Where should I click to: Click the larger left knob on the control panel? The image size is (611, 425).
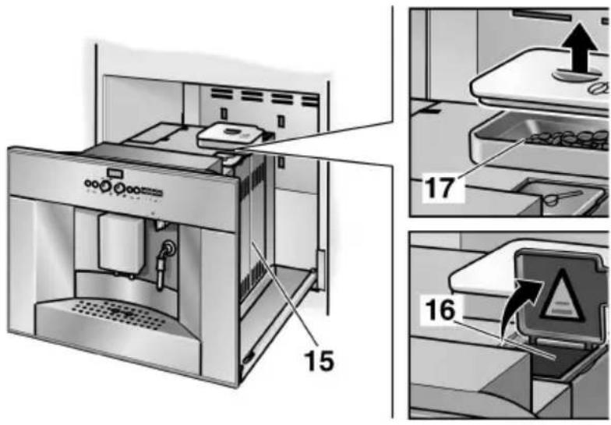(118, 188)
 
